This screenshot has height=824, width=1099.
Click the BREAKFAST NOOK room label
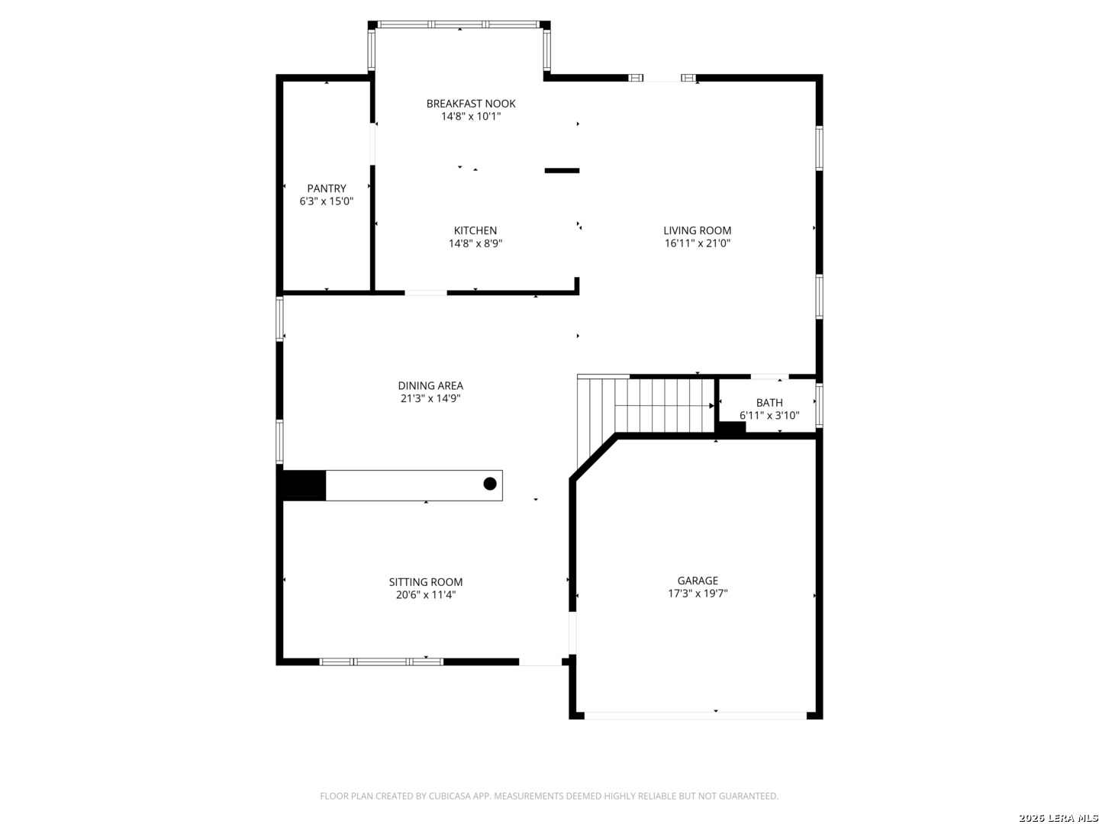point(471,104)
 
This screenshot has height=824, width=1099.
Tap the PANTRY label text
point(327,188)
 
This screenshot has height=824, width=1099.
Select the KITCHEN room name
point(475,230)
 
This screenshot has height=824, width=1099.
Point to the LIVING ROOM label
point(697,230)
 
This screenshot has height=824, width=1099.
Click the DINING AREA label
point(430,386)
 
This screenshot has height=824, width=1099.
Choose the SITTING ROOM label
point(426,582)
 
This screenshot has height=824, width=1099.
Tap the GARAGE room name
point(698,581)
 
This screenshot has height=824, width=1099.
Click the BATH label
point(769,403)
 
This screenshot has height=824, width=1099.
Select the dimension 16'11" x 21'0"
point(697,243)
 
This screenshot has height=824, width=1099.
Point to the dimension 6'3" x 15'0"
point(327,201)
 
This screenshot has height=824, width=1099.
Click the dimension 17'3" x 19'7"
point(698,594)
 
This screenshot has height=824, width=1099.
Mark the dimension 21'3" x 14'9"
point(430,399)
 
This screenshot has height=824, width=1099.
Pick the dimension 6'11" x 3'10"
point(769,415)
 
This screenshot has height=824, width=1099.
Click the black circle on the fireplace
point(490,484)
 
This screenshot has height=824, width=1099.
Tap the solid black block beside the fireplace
point(304,484)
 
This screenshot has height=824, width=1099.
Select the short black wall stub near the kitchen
point(562,171)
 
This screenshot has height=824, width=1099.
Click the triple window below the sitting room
point(381,662)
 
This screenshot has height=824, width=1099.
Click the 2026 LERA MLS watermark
point(1058,817)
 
